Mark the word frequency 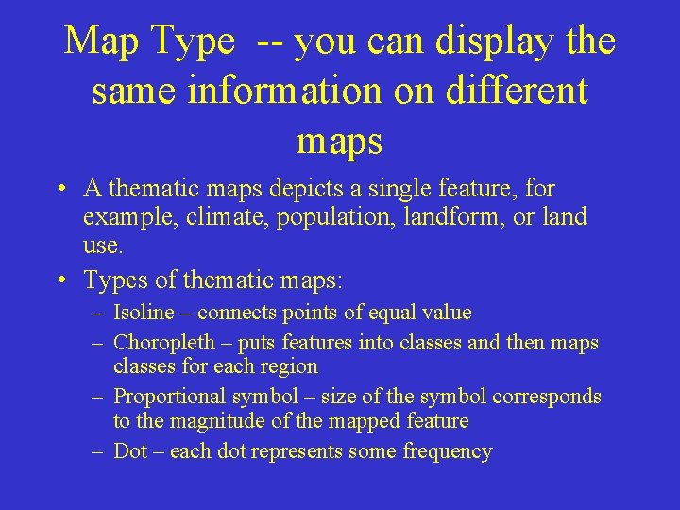pos(448,451)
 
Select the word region pos(285,366)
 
